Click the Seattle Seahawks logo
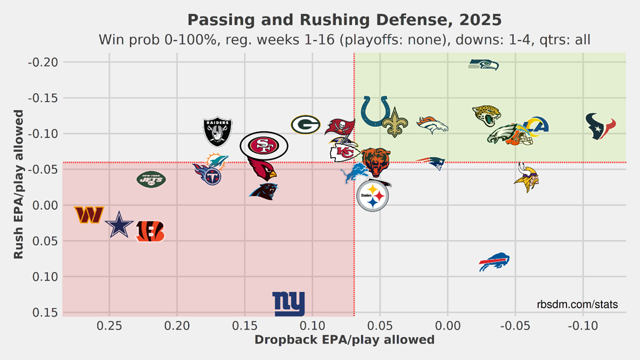point(484,65)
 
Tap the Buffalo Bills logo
point(494,262)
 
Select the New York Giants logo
point(289,304)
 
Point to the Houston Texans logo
point(601,127)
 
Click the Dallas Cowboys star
point(119,225)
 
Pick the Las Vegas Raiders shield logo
point(218,132)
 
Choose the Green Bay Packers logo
point(306,125)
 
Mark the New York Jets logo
point(151,179)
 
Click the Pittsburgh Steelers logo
point(372,195)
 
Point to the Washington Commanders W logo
point(89,215)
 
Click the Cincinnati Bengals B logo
point(150,231)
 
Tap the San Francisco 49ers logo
point(264,146)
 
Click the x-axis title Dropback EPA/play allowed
point(344,339)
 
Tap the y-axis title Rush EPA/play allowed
point(18,184)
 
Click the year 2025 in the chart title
point(480,20)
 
